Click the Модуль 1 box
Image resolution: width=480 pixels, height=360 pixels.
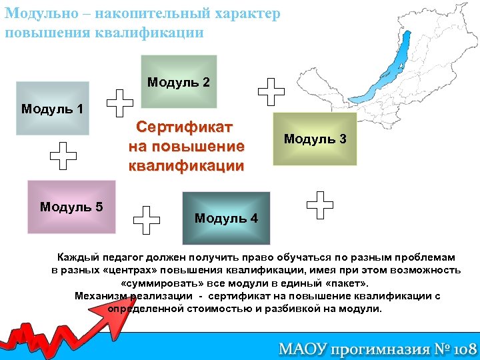53,108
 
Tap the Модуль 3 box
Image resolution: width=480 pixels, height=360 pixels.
315,139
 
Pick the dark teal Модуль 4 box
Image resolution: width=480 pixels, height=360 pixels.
226,218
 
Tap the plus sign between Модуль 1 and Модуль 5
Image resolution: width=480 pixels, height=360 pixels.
64,156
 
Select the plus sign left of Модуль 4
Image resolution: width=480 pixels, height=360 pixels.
147,219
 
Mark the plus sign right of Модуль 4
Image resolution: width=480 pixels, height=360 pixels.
321,205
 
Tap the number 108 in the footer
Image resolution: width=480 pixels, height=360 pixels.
459,348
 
